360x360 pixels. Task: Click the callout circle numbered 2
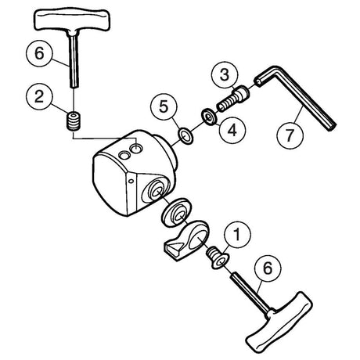(39, 97)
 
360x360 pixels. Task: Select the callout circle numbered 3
(225, 75)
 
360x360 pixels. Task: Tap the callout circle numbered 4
(232, 130)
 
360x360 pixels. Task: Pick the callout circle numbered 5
(164, 106)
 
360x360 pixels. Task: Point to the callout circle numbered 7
(290, 135)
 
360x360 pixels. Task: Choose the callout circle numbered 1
(237, 235)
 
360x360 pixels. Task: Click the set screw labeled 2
(74, 121)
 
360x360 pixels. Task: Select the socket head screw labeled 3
(232, 99)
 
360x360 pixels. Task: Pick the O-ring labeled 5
(185, 135)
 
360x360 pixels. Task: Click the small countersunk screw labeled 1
(218, 258)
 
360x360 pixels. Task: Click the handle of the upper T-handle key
(72, 20)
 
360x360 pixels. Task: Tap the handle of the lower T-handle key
(279, 322)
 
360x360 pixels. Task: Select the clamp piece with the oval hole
(186, 240)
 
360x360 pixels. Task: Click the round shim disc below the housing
(176, 213)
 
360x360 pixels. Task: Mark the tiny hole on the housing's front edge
(131, 181)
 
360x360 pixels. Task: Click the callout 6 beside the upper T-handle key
(39, 53)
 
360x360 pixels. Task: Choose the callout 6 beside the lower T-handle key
(268, 268)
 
